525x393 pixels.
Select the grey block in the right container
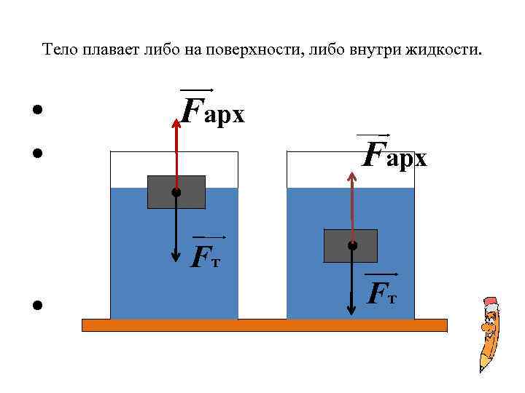click(x=351, y=246)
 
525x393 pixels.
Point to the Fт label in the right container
click(x=382, y=293)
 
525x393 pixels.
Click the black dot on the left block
click(x=176, y=193)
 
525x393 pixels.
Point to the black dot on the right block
click(x=352, y=246)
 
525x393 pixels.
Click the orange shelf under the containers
click(x=264, y=325)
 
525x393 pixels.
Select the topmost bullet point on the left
click(x=35, y=111)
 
